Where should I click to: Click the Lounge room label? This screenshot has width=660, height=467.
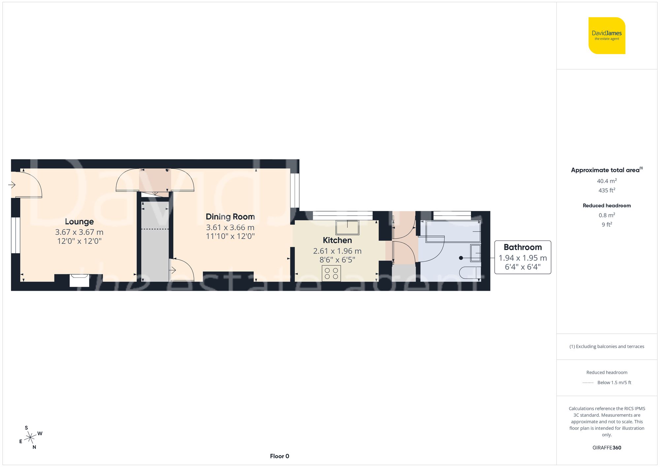pyautogui.click(x=79, y=221)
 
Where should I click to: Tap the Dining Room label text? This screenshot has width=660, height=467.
pyautogui.click(x=230, y=217)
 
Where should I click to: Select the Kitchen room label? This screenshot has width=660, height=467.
pyautogui.click(x=337, y=240)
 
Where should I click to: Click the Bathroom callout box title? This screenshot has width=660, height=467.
pyautogui.click(x=522, y=247)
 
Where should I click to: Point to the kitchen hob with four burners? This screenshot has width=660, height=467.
pyautogui.click(x=331, y=273)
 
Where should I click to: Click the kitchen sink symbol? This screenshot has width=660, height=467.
pyautogui.click(x=347, y=227)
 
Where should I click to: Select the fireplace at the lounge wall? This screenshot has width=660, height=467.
pyautogui.click(x=79, y=280)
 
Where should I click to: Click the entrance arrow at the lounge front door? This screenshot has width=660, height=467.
pyautogui.click(x=12, y=185)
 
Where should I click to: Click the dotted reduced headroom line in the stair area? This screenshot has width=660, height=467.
pyautogui.click(x=155, y=229)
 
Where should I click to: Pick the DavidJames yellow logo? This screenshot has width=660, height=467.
pyautogui.click(x=607, y=36)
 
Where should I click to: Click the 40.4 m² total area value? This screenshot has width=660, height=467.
pyautogui.click(x=607, y=181)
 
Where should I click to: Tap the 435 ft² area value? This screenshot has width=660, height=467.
pyautogui.click(x=607, y=190)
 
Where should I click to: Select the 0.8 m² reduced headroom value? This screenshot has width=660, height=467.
pyautogui.click(x=607, y=215)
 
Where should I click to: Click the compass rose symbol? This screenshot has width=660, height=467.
pyautogui.click(x=30, y=438)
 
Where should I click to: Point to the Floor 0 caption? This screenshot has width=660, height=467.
pyautogui.click(x=279, y=456)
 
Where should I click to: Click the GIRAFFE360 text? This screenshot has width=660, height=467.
pyautogui.click(x=607, y=448)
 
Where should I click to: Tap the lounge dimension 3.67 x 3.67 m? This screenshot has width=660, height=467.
pyautogui.click(x=79, y=232)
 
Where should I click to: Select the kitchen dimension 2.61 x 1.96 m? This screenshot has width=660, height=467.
pyautogui.click(x=337, y=251)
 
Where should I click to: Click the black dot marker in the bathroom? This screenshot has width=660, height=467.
pyautogui.click(x=461, y=258)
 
